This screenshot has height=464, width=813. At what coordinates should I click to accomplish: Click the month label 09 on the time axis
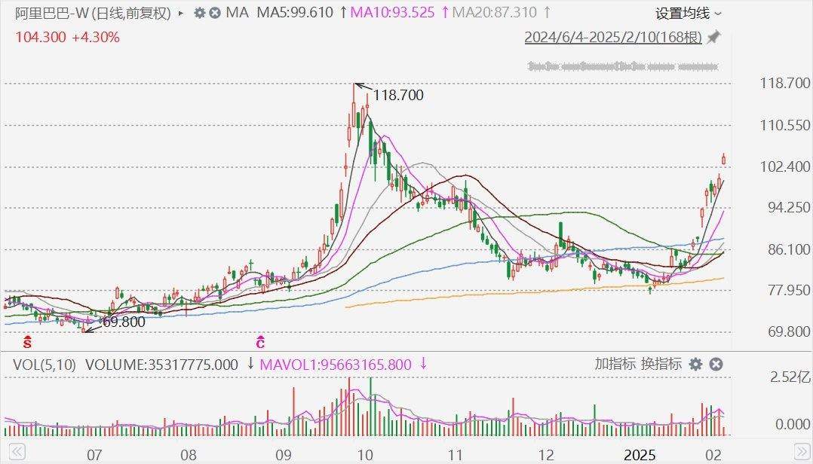(283, 455)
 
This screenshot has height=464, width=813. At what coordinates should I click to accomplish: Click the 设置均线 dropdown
(688, 14)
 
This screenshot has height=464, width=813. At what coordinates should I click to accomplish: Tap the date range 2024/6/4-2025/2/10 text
(613, 38)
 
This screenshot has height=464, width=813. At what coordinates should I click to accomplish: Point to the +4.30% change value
(95, 36)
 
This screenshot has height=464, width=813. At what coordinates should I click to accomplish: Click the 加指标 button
(615, 364)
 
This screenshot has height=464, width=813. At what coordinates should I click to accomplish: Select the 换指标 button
(661, 364)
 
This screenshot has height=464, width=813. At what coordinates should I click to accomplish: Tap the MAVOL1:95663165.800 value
(336, 365)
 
